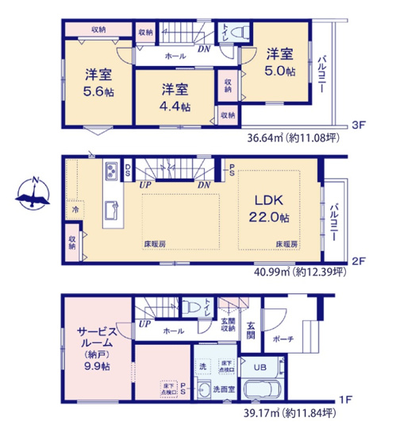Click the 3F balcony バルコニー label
(x=324, y=76)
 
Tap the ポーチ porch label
(x=283, y=339)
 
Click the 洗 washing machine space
(x=203, y=367)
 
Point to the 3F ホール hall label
(x=175, y=57)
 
